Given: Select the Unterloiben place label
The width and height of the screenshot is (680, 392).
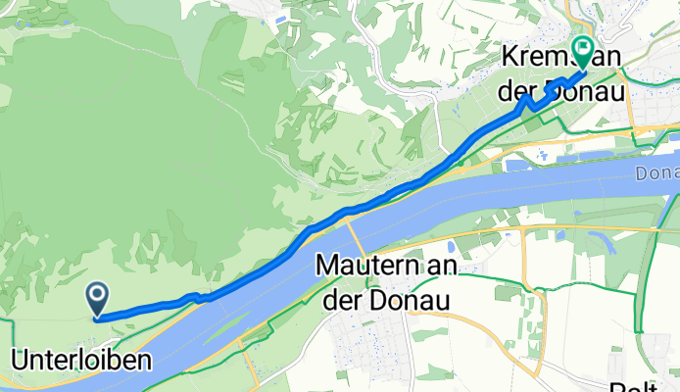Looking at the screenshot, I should click(81, 361).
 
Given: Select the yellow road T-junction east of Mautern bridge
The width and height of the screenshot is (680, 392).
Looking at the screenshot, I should click(522, 228).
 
